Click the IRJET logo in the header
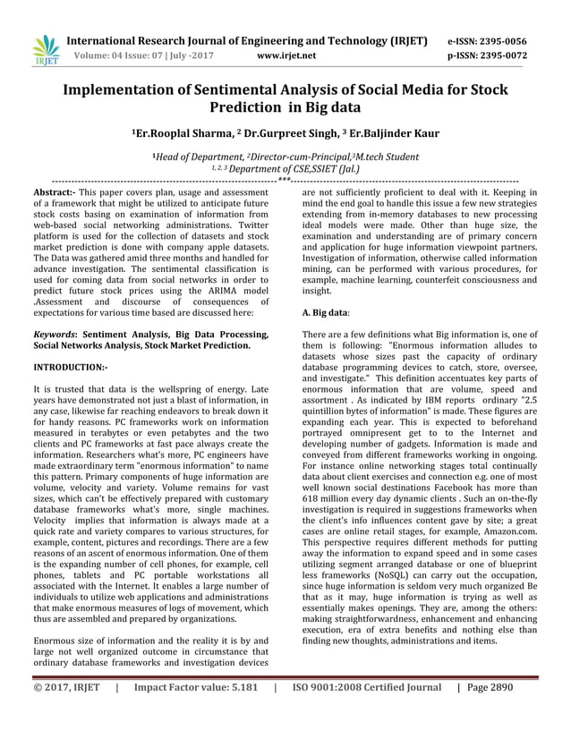click(x=45, y=49)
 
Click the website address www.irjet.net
click(x=285, y=55)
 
